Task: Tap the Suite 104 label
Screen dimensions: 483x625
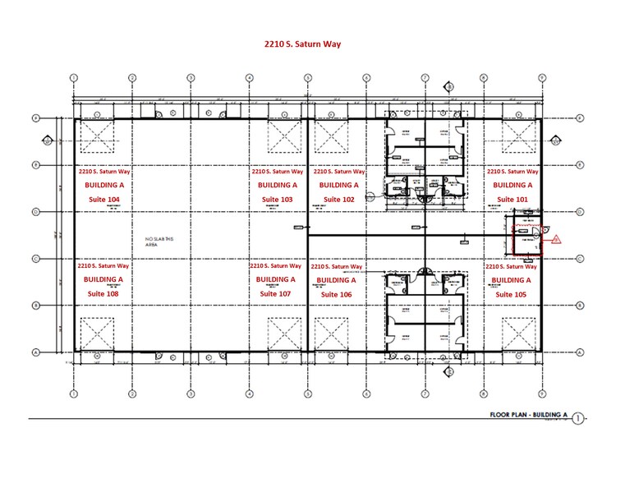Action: click(103, 200)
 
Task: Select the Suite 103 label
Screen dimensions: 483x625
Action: click(277, 200)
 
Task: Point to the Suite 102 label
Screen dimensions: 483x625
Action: click(338, 200)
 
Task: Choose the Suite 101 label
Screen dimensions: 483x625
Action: click(512, 200)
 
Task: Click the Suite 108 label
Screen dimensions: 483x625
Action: click(103, 293)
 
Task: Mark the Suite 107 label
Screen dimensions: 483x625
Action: click(275, 293)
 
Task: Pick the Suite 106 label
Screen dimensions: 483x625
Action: click(337, 294)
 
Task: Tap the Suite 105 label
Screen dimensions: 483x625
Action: click(512, 293)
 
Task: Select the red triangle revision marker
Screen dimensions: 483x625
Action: click(555, 239)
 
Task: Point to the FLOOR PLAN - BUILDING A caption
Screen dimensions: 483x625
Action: click(517, 417)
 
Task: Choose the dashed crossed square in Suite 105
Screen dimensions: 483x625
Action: click(521, 333)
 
